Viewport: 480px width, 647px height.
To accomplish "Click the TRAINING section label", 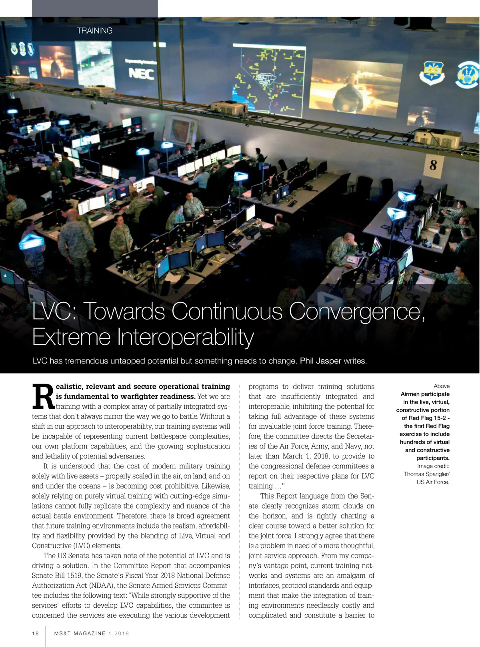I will click(94, 30).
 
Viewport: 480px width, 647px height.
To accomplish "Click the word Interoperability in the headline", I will click(185, 337).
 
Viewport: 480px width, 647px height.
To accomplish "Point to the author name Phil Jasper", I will click(320, 361).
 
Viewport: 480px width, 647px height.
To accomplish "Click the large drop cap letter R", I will click(42, 397).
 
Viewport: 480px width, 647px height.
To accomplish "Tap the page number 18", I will click(36, 633).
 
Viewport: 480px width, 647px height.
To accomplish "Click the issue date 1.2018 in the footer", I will click(118, 633).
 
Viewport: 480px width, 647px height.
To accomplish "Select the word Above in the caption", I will click(441, 386).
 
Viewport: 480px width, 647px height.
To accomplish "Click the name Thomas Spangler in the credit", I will click(425, 474).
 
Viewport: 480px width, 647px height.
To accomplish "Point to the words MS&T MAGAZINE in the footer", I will click(80, 633).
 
